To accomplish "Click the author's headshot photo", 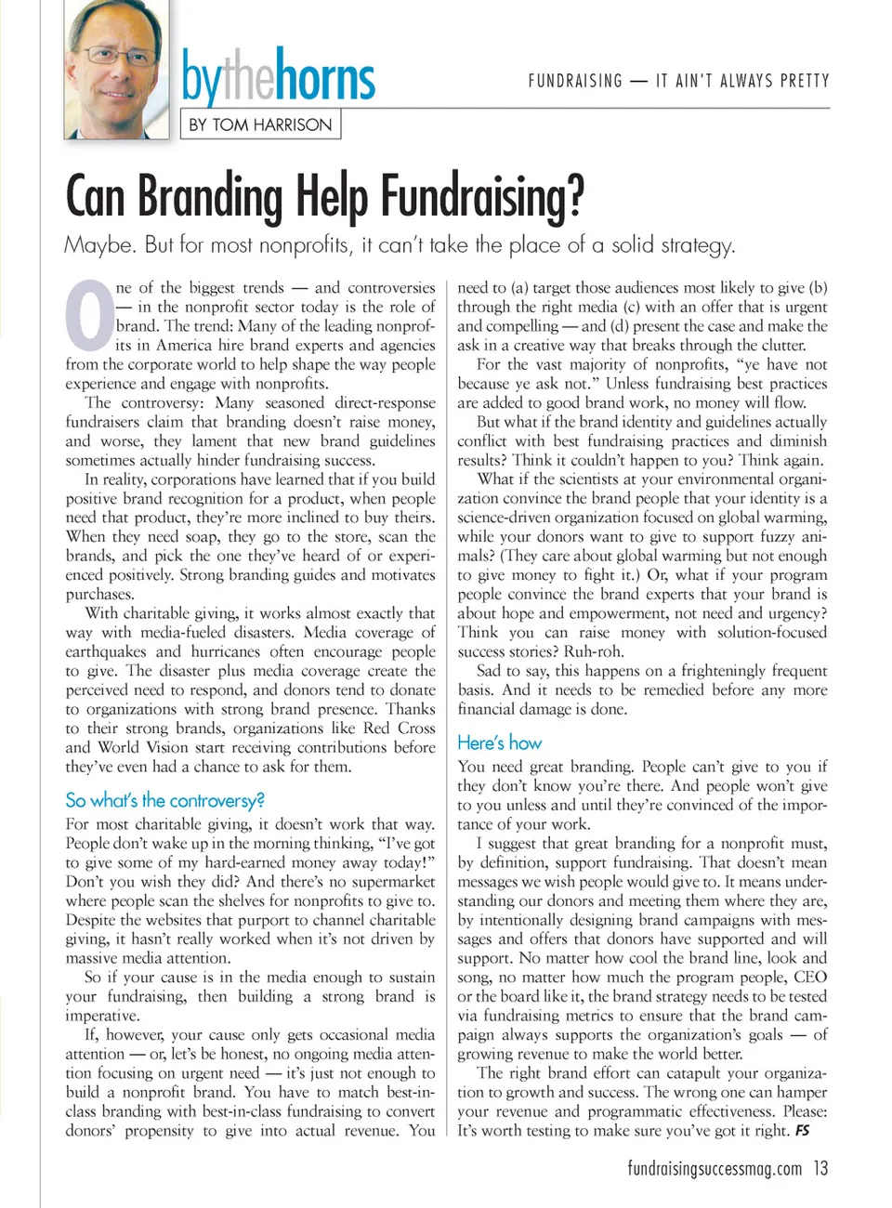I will (117, 70).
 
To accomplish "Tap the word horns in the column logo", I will (325, 78).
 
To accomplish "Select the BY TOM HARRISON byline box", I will (260, 125).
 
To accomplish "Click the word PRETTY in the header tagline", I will (805, 81).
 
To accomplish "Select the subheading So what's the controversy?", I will (164, 800).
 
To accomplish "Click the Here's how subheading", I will (499, 742).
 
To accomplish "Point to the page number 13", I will (820, 1168).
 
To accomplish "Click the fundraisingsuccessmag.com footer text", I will (714, 1168).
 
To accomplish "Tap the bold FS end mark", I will (802, 1131).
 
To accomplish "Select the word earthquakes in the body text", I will (106, 651).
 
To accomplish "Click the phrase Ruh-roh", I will (595, 651).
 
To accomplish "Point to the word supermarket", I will (388, 881).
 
